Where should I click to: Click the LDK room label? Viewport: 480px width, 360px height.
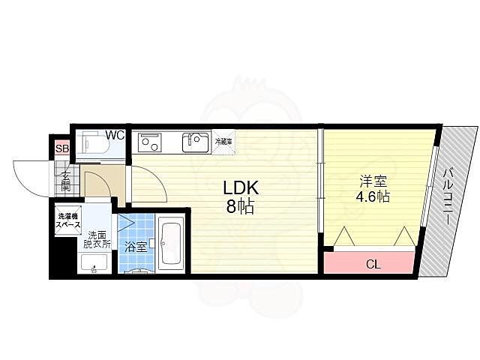[241, 188]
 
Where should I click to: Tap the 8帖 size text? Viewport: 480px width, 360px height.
[240, 207]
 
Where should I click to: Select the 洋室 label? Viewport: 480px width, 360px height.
[373, 181]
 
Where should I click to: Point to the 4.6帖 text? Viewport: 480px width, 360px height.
[373, 196]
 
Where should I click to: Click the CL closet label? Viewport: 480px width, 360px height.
[373, 264]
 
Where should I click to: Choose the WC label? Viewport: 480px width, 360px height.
[115, 135]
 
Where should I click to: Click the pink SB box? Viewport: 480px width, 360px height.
[61, 149]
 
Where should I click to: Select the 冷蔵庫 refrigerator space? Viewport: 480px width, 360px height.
[223, 142]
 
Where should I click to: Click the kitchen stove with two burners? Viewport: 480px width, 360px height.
[149, 142]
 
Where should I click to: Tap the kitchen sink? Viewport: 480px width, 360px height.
[196, 142]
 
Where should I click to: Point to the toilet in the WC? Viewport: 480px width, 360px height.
[91, 144]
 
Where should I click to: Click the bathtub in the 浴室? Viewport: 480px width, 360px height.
[171, 243]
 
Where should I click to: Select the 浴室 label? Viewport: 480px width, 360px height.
[135, 247]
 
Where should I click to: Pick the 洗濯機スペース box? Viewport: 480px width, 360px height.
[68, 220]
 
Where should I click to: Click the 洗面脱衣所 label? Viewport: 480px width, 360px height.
[97, 240]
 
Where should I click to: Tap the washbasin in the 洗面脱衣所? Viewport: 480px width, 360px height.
[94, 263]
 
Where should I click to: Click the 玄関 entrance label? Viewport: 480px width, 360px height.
[66, 181]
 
